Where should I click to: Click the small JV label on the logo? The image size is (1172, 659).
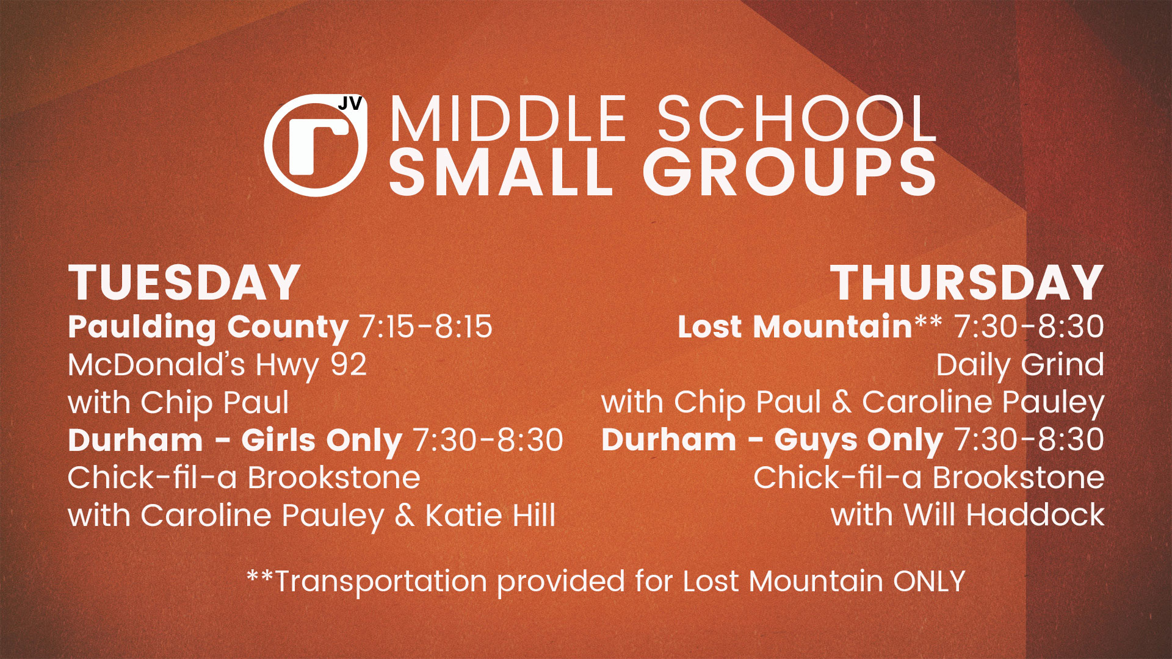coord(350,104)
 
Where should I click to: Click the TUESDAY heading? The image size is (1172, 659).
coord(184,283)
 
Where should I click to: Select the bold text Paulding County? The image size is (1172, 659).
coord(208,328)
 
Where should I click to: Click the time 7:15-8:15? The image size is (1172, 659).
coord(426,327)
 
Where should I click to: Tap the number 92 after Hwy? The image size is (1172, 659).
coord(349,365)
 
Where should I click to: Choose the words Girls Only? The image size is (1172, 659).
coord(321,441)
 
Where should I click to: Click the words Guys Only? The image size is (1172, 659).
coord(859,441)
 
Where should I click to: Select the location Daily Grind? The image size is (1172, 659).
coord(1020,366)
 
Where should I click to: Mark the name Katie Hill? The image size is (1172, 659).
coord(490,516)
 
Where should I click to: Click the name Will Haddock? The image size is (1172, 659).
coord(1004,516)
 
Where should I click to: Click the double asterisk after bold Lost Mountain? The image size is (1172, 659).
coord(928,321)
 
